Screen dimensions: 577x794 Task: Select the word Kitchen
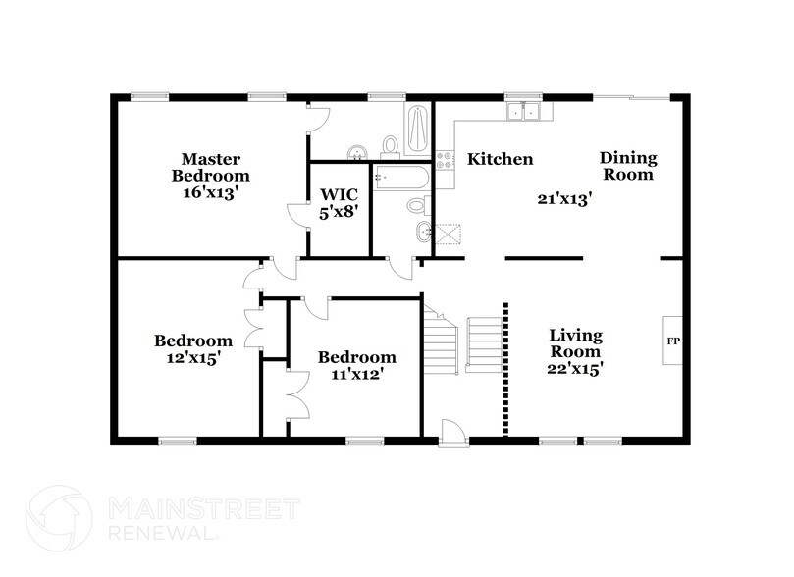500,159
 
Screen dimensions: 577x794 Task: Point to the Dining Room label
628,166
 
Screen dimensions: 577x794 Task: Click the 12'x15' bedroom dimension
193,358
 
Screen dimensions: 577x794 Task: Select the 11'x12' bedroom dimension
357,374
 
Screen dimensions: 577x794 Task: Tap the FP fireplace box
673,341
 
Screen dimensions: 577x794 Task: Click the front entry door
452,431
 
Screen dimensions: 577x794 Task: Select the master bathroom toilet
392,146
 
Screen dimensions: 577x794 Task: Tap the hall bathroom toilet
419,205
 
